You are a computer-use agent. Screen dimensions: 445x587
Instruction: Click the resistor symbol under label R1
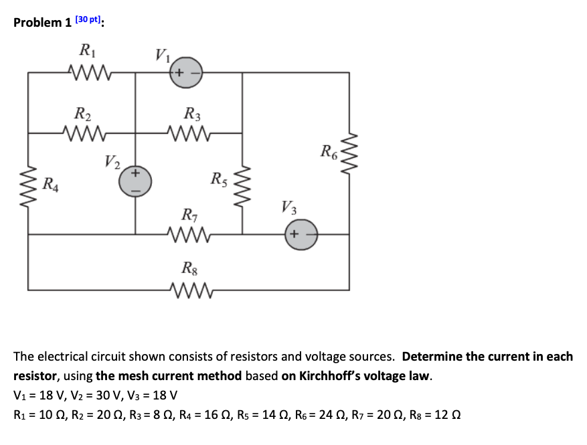tap(88, 72)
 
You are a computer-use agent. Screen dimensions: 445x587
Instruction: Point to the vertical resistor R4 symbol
tap(28, 183)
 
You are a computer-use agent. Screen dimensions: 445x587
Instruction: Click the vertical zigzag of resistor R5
tap(242, 182)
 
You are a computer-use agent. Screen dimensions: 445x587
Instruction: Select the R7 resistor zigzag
tap(190, 234)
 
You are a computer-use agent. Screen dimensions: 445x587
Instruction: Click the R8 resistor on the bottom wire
tap(190, 290)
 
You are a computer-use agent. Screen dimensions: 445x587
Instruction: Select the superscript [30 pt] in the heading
tap(87, 19)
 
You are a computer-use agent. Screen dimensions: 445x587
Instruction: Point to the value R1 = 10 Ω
tap(41, 414)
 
